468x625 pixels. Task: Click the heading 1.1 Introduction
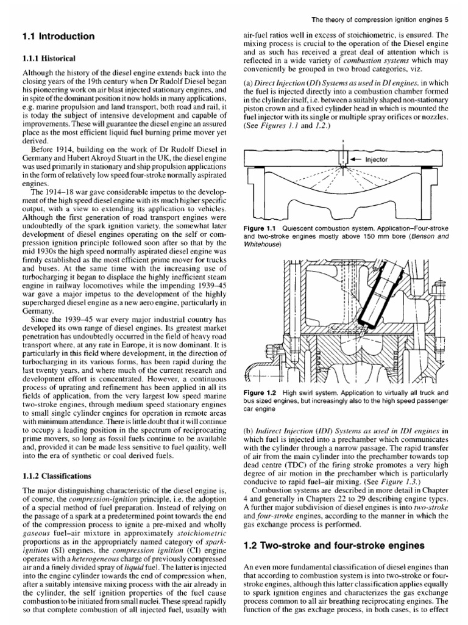[58, 37]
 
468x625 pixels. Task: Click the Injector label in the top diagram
[377, 160]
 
